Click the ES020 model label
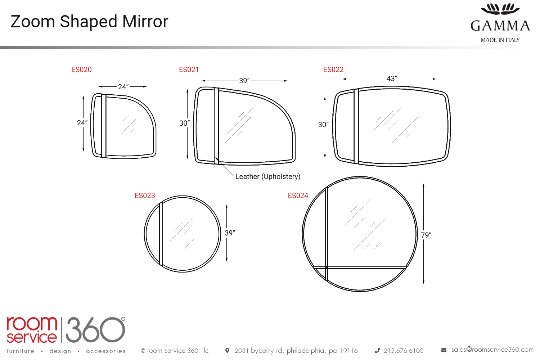(81, 70)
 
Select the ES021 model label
(189, 70)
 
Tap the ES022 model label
(333, 70)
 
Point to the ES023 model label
(145, 195)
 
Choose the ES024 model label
(298, 195)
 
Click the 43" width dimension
(392, 78)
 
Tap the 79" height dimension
(426, 235)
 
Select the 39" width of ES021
(244, 81)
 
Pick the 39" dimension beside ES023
(230, 233)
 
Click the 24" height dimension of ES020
(82, 123)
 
